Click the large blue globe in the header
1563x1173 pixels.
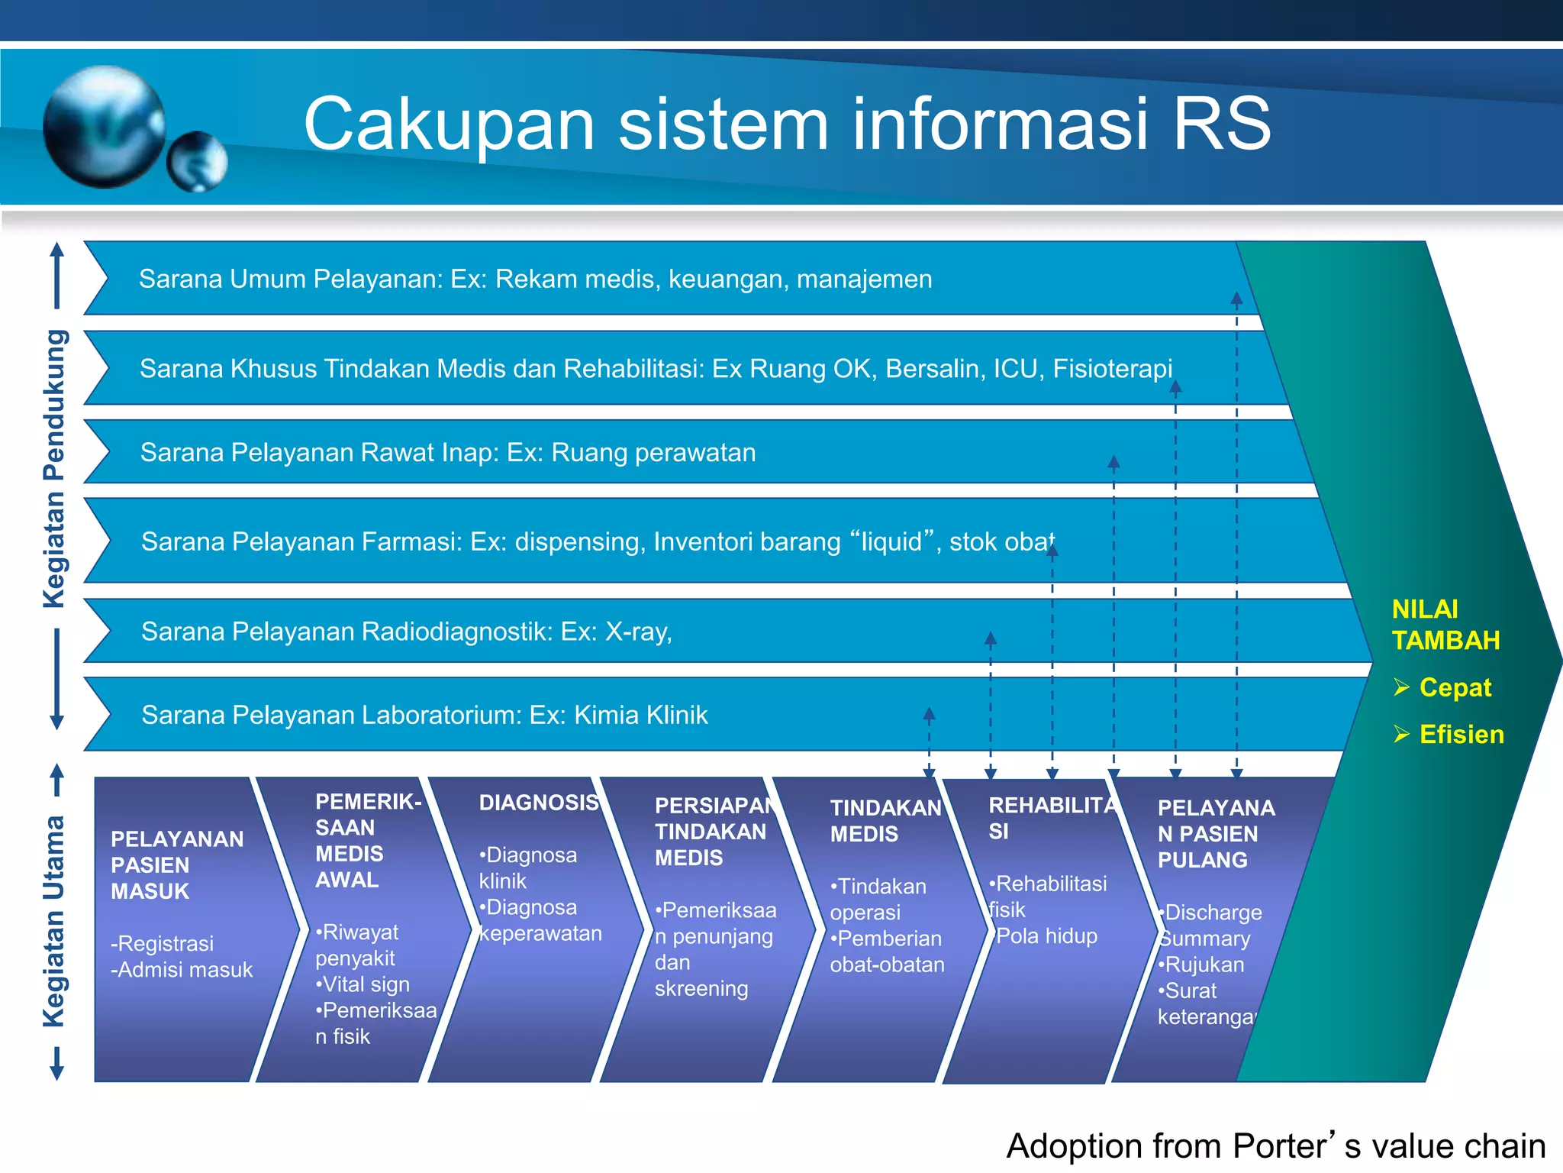point(105,127)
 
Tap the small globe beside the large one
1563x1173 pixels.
point(197,161)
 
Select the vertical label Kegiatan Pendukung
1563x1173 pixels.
point(55,469)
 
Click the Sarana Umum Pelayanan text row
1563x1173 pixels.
point(535,280)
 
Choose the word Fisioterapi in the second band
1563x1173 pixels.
point(1112,369)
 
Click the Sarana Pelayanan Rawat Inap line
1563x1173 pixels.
point(448,453)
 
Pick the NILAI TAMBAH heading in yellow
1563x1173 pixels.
point(1445,625)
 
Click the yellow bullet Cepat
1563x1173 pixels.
point(1455,687)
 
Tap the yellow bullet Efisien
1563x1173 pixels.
point(1461,735)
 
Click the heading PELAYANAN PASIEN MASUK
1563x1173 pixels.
point(176,865)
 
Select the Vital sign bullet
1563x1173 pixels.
point(364,984)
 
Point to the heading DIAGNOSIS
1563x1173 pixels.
point(538,803)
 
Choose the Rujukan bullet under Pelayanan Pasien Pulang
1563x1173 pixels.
point(1203,965)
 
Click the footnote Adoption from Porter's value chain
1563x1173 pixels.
point(1275,1146)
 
